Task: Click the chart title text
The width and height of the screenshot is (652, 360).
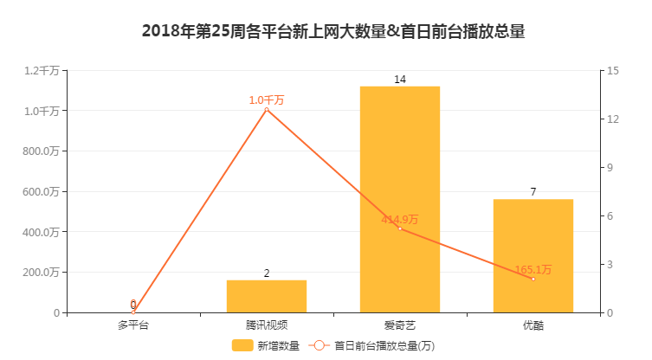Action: click(x=333, y=32)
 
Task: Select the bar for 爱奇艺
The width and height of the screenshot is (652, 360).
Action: click(x=400, y=199)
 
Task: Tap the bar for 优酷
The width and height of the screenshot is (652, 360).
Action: click(x=533, y=255)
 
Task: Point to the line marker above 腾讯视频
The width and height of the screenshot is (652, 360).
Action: click(x=267, y=110)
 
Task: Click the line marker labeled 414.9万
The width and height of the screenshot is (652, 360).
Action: click(x=400, y=228)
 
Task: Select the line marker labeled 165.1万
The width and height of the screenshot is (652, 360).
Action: click(x=533, y=279)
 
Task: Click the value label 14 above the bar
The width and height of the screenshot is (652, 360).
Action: click(x=400, y=80)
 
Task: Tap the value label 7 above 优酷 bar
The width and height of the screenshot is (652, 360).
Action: click(x=533, y=192)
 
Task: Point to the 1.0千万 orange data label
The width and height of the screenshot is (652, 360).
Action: click(x=267, y=100)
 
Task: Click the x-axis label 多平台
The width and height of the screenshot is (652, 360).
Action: click(x=133, y=326)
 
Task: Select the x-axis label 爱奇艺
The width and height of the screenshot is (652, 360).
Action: click(x=400, y=326)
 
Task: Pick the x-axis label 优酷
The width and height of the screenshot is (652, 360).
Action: click(x=533, y=326)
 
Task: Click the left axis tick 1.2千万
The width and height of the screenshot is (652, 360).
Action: click(x=42, y=70)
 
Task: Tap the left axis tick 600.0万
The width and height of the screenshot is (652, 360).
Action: click(x=42, y=191)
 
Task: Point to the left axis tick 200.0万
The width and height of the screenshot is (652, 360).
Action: click(x=42, y=273)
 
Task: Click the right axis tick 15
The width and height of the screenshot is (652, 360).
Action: click(x=612, y=70)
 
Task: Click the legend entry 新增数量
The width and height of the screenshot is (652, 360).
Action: click(x=266, y=346)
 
